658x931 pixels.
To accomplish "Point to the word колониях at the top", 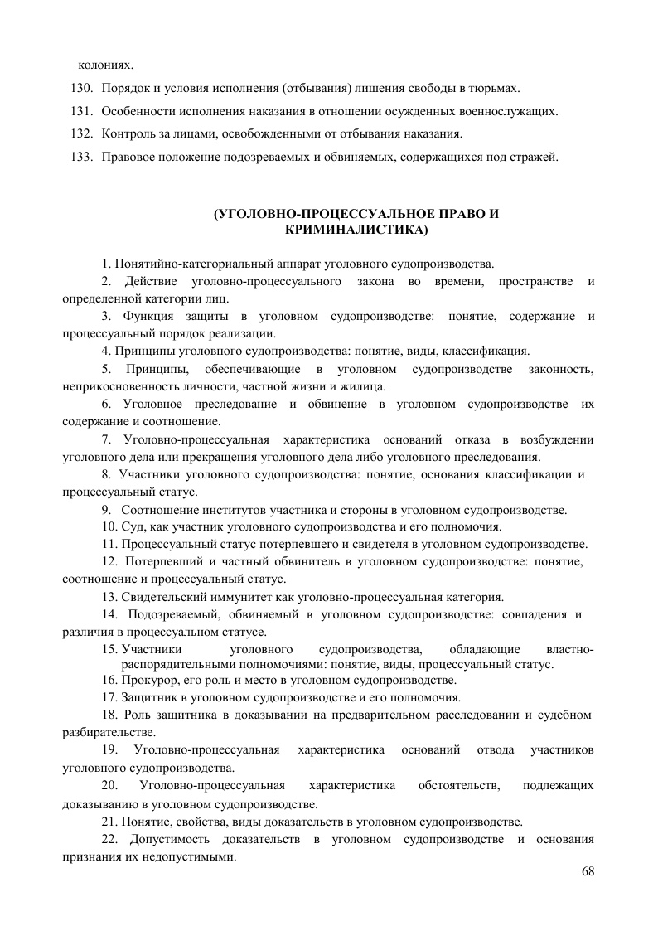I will [105, 64].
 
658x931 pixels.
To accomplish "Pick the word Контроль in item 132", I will [125, 133].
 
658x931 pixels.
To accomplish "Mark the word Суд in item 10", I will [133, 526].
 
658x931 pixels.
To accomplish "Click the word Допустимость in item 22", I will [172, 841].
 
